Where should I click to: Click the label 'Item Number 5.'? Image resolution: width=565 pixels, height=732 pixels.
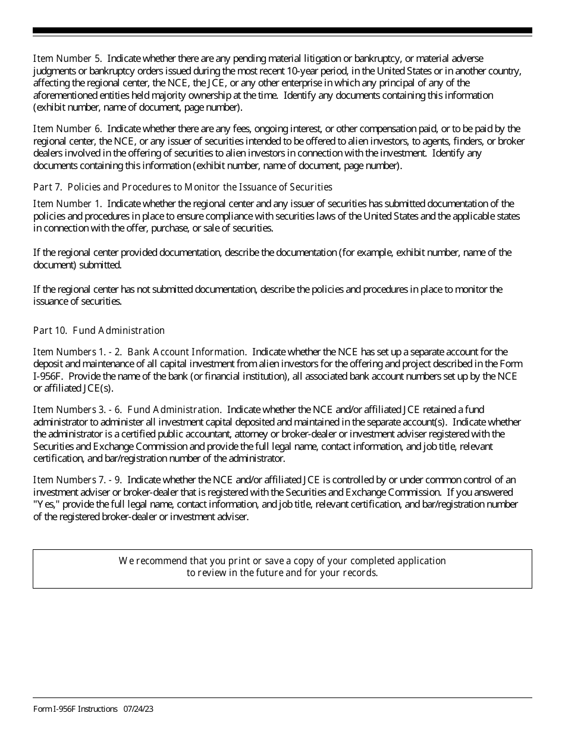click(x=67, y=58)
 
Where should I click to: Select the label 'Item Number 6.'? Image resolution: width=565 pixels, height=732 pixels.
click(x=67, y=129)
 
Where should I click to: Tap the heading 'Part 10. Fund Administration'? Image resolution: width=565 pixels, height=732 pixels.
click(x=99, y=330)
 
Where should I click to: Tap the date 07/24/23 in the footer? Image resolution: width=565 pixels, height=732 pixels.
click(x=139, y=709)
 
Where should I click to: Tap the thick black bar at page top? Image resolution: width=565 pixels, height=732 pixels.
click(x=282, y=30)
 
